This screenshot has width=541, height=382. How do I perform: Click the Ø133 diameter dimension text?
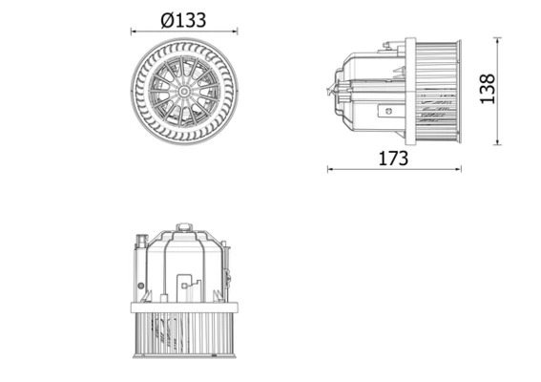[183, 18]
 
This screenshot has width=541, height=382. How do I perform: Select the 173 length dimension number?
[392, 158]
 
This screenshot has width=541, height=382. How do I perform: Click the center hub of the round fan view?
[184, 91]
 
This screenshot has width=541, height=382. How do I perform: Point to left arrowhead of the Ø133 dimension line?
[133, 32]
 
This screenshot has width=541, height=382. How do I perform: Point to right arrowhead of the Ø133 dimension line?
[235, 32]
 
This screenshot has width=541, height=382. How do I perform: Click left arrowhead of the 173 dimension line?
[329, 170]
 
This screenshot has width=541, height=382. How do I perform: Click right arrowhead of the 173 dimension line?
[459, 170]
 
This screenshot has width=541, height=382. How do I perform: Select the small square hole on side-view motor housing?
[386, 111]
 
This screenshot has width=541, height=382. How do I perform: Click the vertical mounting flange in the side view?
[410, 91]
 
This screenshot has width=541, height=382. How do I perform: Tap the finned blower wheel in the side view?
[439, 91]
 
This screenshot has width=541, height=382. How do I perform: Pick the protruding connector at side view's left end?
[334, 92]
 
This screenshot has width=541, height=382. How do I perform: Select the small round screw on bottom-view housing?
[140, 285]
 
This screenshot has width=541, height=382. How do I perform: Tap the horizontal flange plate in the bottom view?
[183, 307]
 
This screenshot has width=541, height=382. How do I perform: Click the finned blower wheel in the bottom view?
[183, 334]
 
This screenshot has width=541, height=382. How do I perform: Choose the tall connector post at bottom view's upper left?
[141, 244]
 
